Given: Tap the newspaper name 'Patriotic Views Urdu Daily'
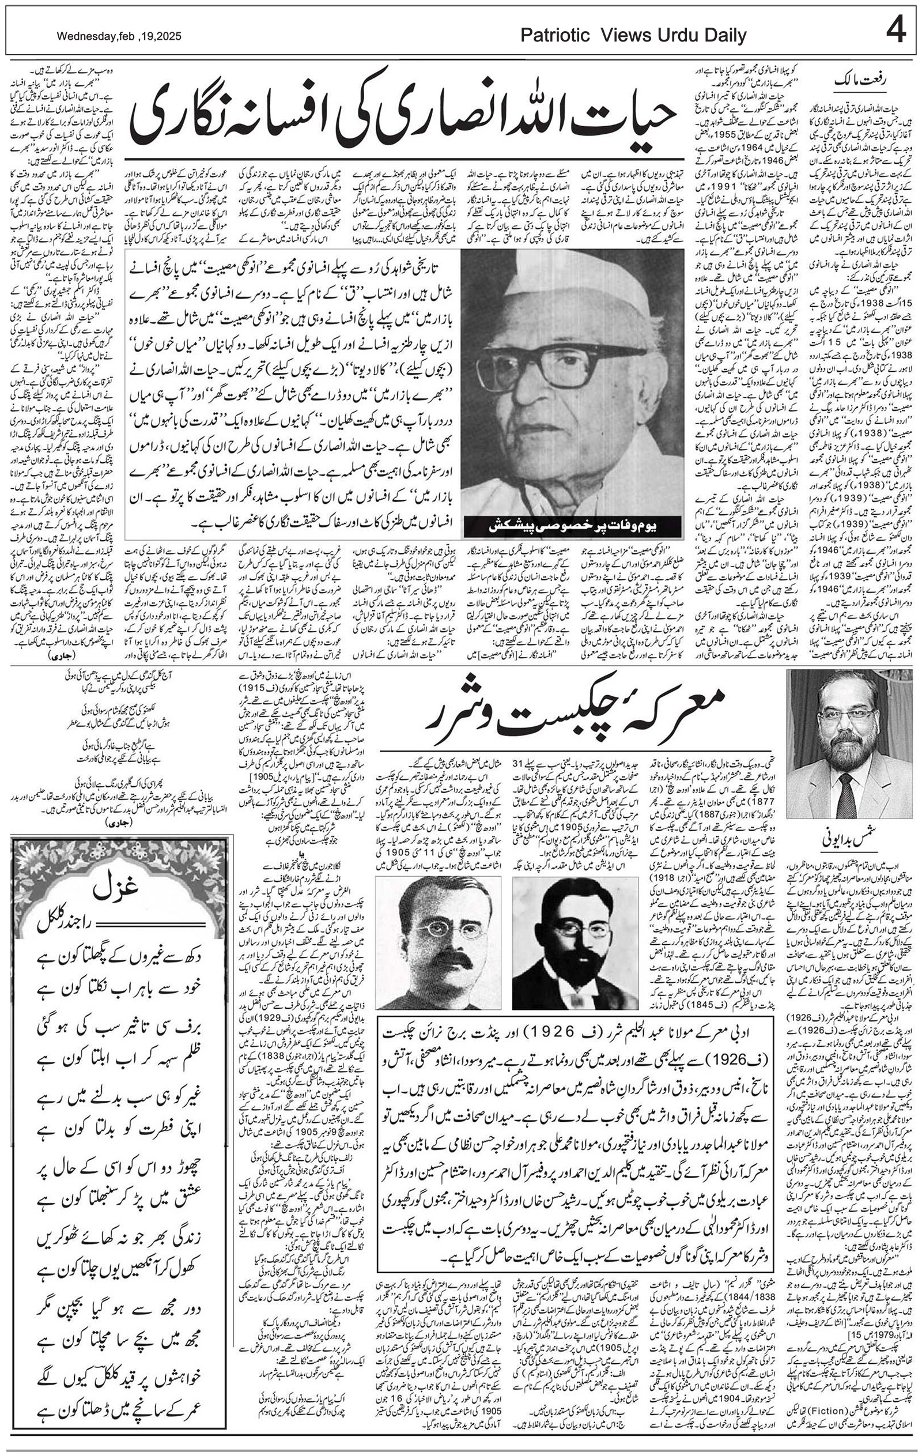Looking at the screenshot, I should tap(633, 36).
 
